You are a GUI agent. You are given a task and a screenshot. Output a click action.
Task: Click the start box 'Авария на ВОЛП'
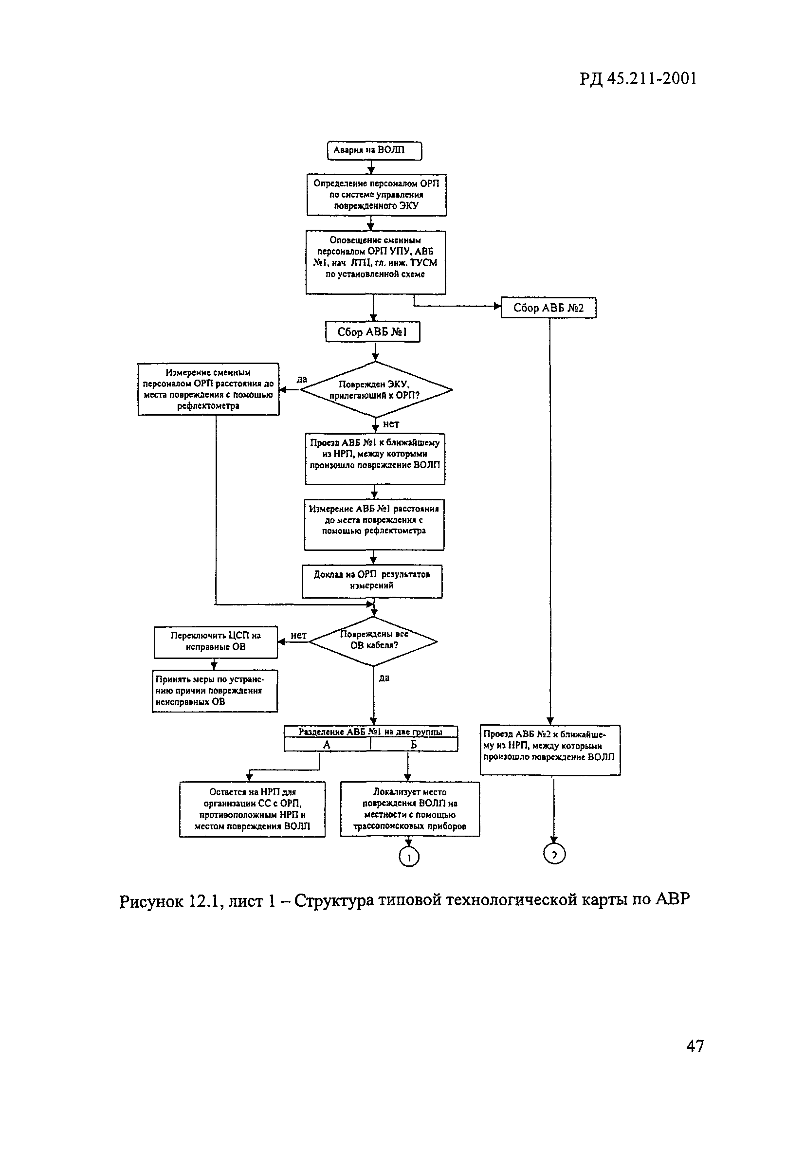click(374, 150)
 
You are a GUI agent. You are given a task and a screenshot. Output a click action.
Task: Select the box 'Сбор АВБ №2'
click(548, 308)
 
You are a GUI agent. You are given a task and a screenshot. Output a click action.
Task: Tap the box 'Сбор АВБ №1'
click(373, 332)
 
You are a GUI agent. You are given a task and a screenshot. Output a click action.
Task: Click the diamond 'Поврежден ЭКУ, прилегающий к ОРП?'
click(376, 390)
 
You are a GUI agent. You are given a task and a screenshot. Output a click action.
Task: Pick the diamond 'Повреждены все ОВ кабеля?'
click(374, 641)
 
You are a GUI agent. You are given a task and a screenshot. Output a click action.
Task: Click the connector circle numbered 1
click(409, 857)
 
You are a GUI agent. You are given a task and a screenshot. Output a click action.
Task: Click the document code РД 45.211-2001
click(638, 78)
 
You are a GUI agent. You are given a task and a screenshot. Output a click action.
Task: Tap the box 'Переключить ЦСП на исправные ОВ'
click(216, 641)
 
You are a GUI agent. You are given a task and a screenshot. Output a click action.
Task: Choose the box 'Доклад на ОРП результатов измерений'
click(372, 581)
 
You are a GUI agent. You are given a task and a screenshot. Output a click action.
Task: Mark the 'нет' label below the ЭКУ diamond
click(391, 424)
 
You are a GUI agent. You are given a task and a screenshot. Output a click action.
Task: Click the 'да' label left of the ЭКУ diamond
click(302, 380)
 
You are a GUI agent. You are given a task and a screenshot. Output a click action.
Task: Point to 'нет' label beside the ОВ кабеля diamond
click(298, 636)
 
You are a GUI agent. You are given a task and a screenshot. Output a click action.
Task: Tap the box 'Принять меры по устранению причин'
click(215, 691)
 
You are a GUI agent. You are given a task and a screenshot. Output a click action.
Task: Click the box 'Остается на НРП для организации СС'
click(252, 809)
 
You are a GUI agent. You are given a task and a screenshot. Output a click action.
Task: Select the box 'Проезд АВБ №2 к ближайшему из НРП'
click(550, 750)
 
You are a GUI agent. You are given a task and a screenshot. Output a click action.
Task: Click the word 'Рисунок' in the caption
click(151, 901)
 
